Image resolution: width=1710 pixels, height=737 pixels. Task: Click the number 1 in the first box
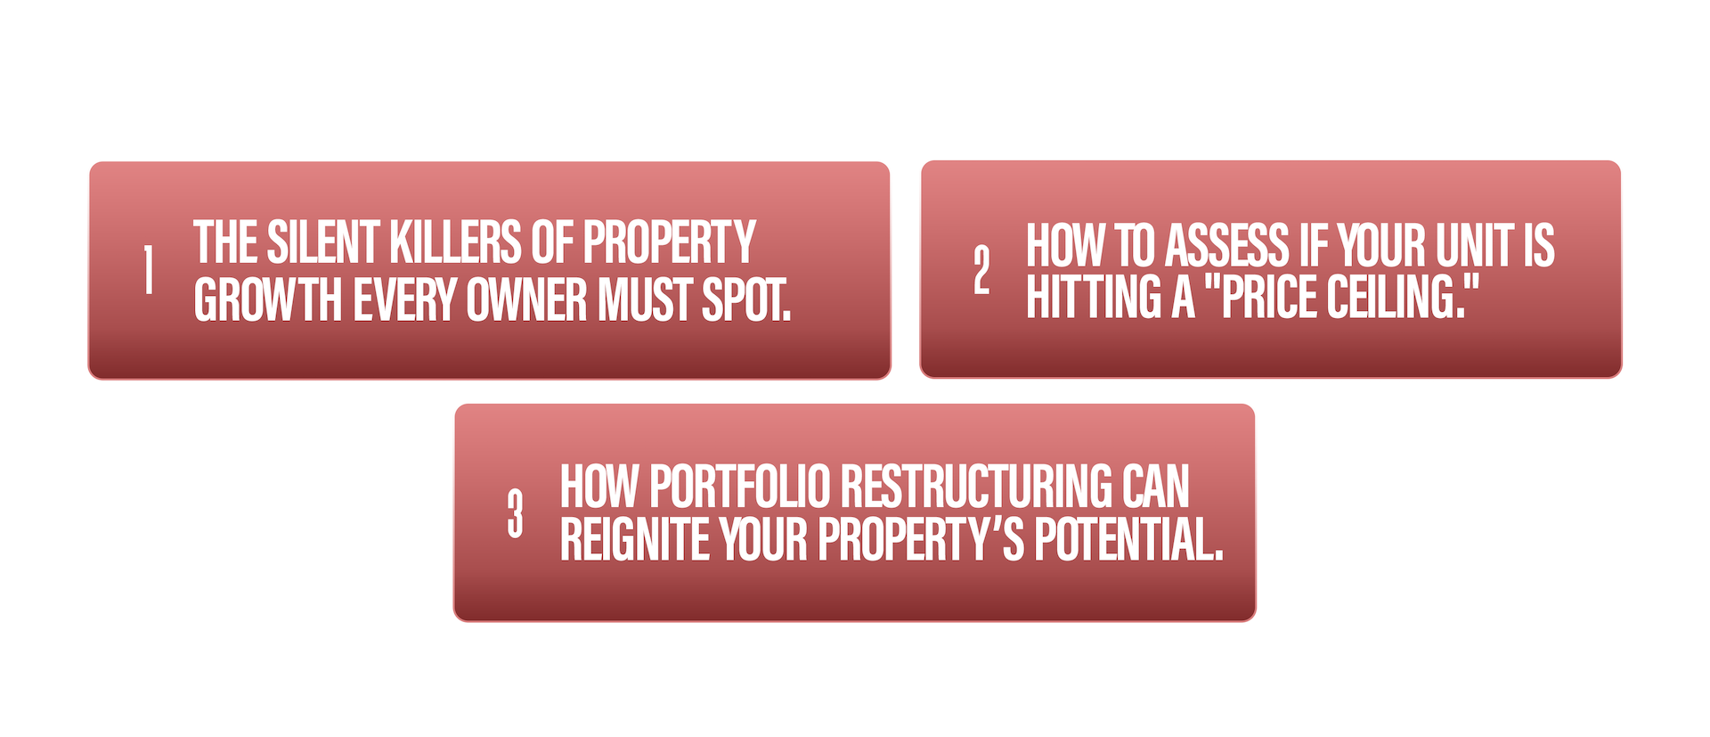[x=149, y=270]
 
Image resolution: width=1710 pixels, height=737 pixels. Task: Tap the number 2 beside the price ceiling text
[x=981, y=270]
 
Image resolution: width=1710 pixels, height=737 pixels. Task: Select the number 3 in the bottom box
[x=515, y=513]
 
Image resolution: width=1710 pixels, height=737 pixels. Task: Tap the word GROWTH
[x=268, y=299]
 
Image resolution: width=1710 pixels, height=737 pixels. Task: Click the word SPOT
[x=746, y=299]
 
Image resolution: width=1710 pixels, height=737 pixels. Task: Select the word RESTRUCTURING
[x=977, y=487]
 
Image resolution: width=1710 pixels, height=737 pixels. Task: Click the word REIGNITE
[x=635, y=539]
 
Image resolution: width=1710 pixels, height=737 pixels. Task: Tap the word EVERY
[x=405, y=299]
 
